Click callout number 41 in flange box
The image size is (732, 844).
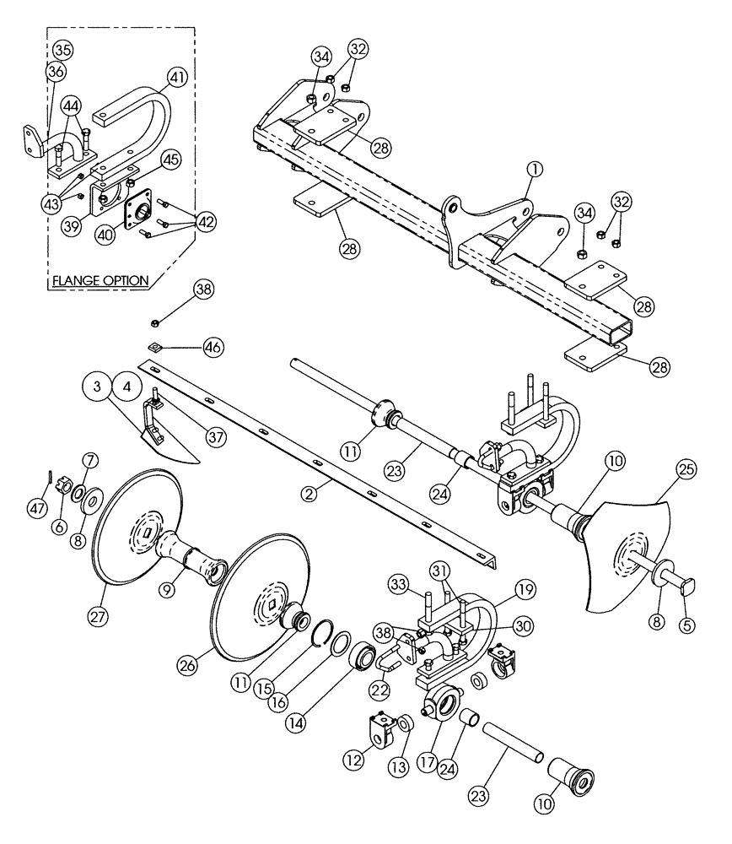click(x=176, y=78)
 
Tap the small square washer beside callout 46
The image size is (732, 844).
click(x=154, y=346)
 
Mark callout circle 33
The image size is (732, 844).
click(x=401, y=584)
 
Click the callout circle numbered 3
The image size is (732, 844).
click(x=98, y=387)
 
